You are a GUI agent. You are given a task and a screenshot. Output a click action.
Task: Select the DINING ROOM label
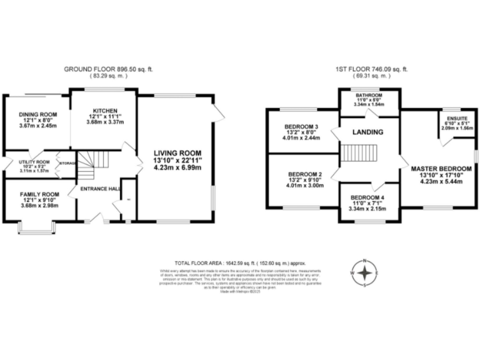37,115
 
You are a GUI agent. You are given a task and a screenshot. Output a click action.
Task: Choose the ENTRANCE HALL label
97,189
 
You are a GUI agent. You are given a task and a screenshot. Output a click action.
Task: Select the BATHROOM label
368,96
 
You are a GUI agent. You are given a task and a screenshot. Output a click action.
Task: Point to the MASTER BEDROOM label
441,169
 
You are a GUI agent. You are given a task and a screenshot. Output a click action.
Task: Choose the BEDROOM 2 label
301,174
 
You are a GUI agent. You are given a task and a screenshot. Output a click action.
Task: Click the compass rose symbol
365,272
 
